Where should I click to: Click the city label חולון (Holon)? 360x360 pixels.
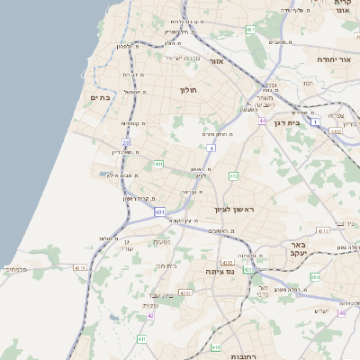tap(188, 90)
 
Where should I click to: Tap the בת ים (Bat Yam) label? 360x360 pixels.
tap(100, 97)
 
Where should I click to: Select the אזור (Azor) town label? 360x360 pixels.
tap(216, 61)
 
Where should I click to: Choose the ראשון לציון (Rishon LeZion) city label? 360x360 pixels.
tap(234, 210)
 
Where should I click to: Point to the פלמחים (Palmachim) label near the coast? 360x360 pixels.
tap(15, 269)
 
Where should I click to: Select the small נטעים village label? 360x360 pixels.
tap(162, 242)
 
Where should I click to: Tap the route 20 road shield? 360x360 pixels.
tap(126, 142)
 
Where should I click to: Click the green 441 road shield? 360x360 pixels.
tap(158, 165)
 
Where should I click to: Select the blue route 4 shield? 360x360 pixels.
tap(211, 147)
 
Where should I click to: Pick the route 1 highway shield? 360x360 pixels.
tap(316, 121)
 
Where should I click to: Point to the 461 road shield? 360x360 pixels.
tap(250, 30)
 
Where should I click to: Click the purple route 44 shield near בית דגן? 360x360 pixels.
tap(262, 120)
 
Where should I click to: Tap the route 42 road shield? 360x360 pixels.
tap(151, 316)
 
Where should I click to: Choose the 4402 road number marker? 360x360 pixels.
tap(336, 132)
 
